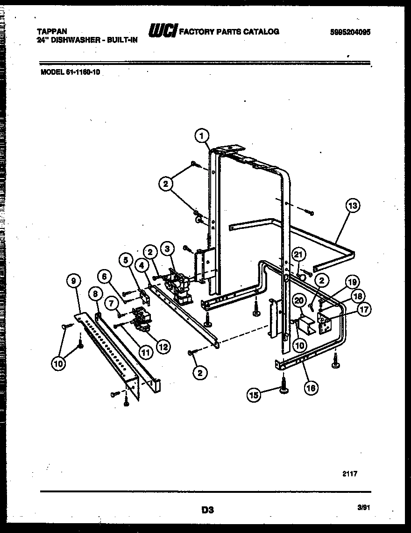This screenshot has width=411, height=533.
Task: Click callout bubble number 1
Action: point(201,136)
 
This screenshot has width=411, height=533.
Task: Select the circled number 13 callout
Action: point(354,205)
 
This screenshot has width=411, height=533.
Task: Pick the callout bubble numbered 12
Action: point(163,347)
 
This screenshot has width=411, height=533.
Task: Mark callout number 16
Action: point(311,387)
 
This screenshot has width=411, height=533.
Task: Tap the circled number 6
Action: point(106,277)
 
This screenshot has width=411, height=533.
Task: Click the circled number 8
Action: point(95,294)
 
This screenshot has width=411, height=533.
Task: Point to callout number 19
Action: point(353,282)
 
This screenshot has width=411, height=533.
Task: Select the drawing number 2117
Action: point(349,473)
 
